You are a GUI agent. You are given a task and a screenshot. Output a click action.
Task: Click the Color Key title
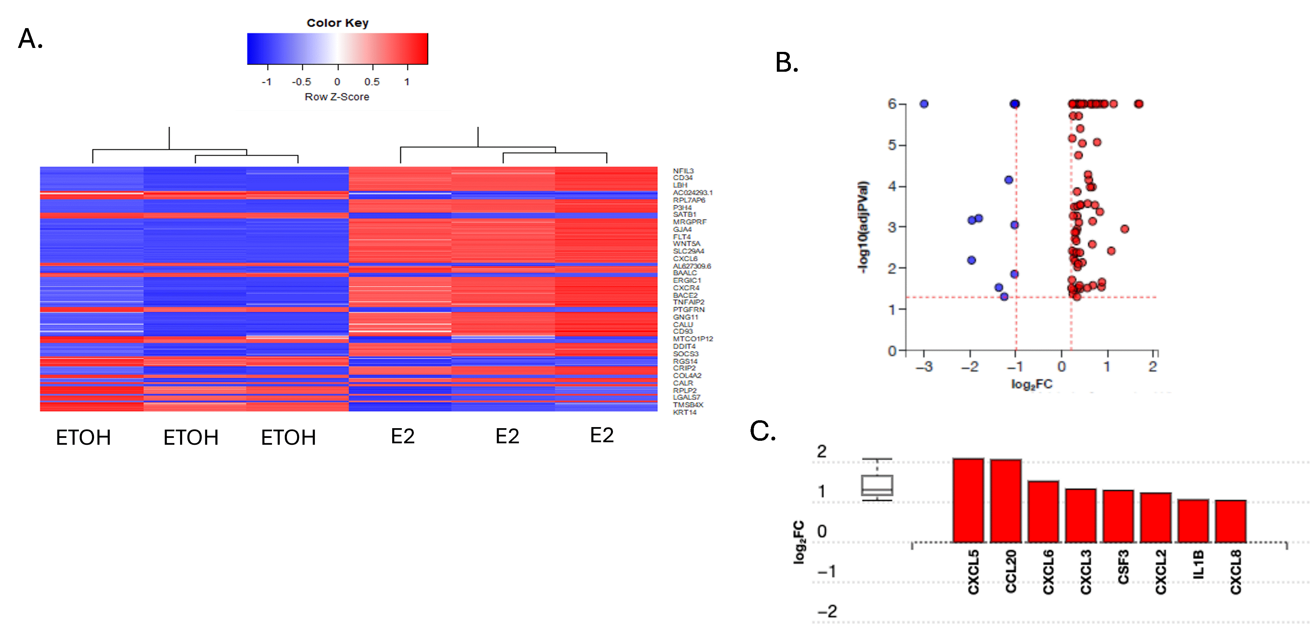tap(337, 23)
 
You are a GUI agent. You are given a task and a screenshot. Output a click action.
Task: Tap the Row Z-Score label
tap(337, 97)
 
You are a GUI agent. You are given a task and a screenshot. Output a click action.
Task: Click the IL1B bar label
tap(1199, 565)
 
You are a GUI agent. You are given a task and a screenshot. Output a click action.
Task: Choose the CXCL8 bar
tap(1231, 521)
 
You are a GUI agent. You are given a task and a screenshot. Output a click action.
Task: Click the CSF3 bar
tap(1118, 516)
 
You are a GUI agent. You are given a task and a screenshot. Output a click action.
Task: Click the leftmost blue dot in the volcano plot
tap(924, 104)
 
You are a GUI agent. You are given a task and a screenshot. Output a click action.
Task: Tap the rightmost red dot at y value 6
tap(1139, 104)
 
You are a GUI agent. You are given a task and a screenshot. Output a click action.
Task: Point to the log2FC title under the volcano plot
tap(1031, 384)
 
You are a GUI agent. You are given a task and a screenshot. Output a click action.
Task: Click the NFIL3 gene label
tap(683, 171)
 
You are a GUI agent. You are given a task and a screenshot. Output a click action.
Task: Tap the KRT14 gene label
tap(685, 412)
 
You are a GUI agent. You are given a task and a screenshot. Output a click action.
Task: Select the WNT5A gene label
tap(686, 244)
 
